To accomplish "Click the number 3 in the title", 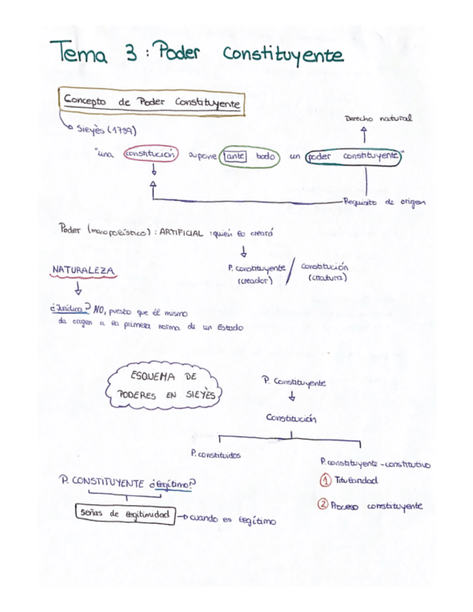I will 133,55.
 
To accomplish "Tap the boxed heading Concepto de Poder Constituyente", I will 152,103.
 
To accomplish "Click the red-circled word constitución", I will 150,155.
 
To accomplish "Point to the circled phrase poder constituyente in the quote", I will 352,156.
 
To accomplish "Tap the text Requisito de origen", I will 384,202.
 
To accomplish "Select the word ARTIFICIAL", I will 181,232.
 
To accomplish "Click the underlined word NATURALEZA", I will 83,270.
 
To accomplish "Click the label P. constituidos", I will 215,455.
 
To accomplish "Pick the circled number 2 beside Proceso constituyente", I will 325,506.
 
